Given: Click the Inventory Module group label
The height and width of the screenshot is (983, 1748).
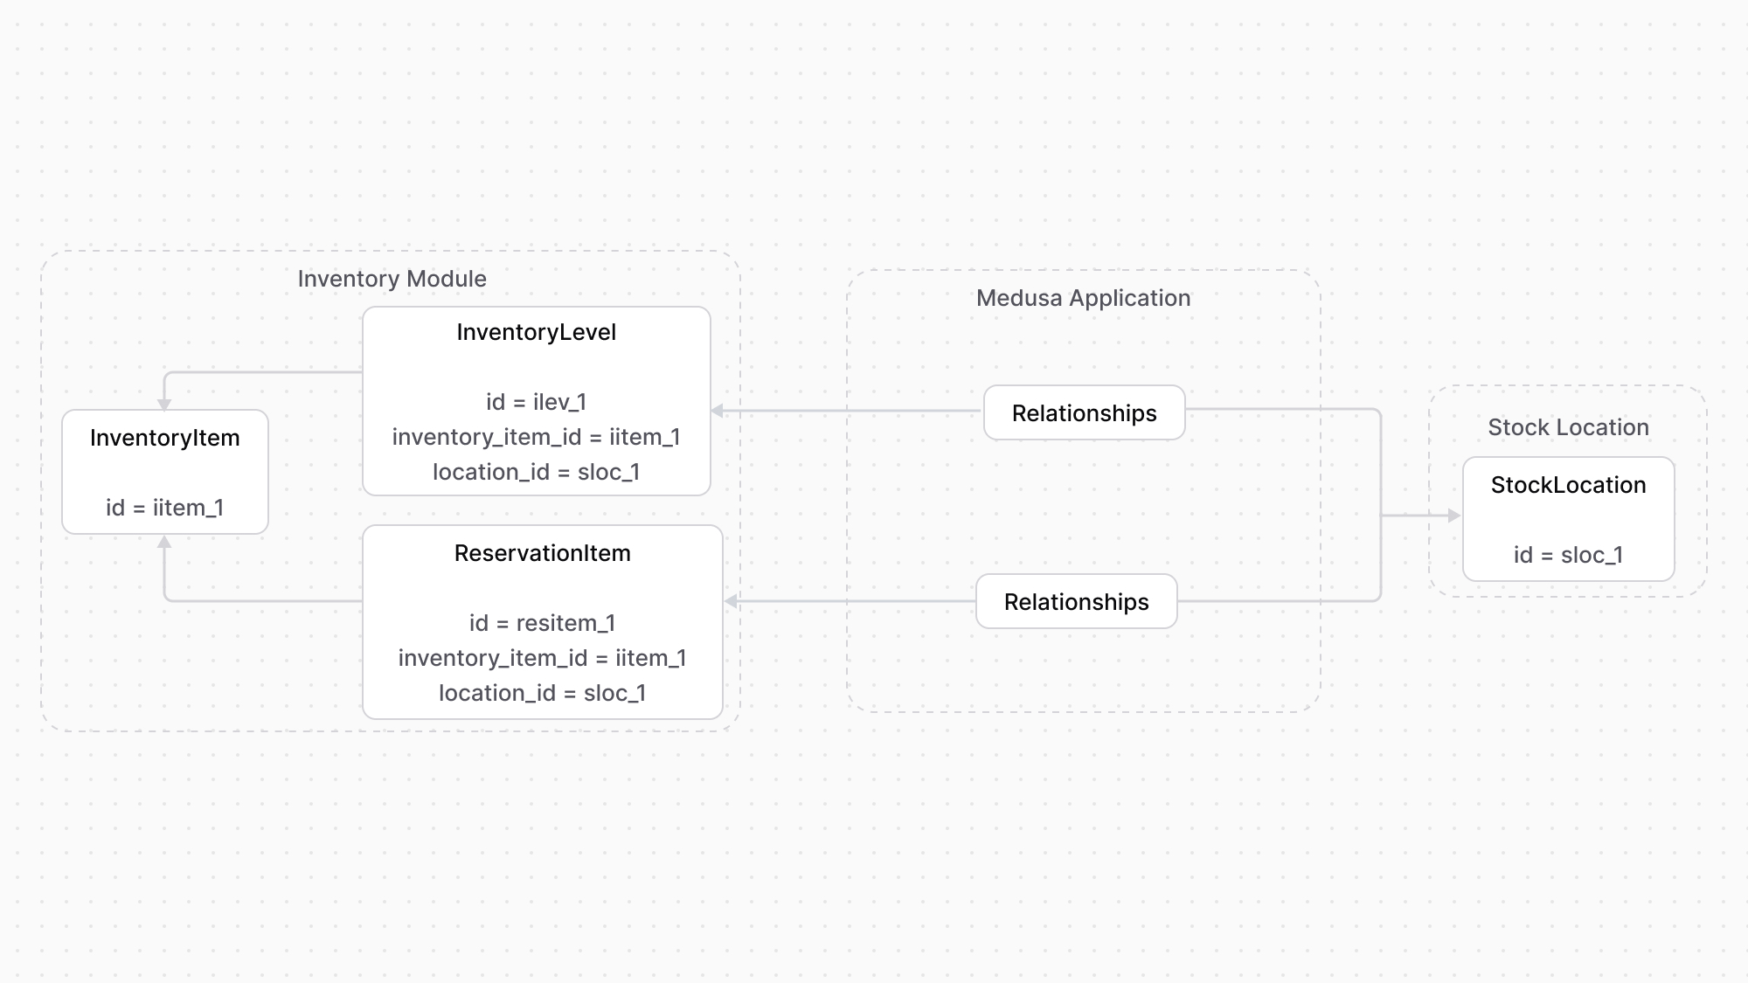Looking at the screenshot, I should (392, 279).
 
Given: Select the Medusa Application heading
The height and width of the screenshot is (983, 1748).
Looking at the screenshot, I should (1083, 298).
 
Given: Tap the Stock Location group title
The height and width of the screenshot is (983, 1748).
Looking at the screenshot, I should (1568, 427).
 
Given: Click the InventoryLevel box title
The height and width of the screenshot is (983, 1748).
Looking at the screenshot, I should (536, 332).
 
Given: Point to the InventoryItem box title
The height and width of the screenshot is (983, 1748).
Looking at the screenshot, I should (164, 438).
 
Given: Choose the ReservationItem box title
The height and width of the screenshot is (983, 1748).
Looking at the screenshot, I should (542, 553).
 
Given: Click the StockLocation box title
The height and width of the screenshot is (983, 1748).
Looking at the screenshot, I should (1568, 485).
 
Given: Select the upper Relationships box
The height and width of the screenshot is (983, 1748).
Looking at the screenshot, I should (1084, 413).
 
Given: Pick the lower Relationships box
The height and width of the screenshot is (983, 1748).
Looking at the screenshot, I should (1076, 602).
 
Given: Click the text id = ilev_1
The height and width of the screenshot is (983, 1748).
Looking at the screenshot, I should (536, 402).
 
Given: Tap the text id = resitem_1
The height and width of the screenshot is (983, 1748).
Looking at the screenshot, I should (542, 623).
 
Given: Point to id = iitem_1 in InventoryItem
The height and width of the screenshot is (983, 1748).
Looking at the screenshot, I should (164, 508).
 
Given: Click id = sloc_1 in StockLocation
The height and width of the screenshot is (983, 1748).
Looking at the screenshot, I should (1568, 555).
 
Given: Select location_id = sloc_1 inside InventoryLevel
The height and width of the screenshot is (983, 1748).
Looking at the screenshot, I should (536, 472).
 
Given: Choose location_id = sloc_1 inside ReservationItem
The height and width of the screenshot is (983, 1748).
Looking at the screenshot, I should (542, 693).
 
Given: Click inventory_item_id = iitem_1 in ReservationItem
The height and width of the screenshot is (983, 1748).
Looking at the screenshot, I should (542, 658).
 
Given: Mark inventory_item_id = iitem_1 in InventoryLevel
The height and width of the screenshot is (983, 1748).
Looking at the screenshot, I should (536, 437).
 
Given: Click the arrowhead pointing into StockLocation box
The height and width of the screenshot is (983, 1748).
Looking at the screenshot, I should (1455, 516).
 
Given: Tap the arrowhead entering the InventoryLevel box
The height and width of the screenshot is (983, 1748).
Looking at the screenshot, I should (718, 411).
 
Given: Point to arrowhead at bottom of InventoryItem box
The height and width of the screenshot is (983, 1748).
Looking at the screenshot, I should (164, 543).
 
